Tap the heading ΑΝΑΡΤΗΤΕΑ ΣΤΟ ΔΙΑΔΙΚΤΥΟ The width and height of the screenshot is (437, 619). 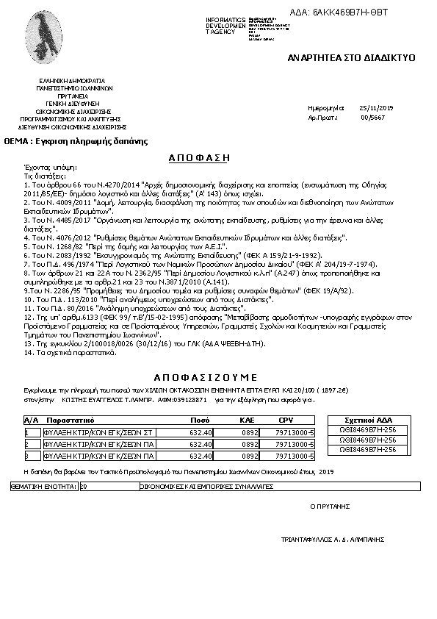(352, 57)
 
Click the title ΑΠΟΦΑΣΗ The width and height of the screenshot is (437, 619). (199, 157)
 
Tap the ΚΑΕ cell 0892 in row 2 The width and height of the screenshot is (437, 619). (250, 444)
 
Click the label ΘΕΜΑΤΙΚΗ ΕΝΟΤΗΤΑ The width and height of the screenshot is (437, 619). (43, 487)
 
